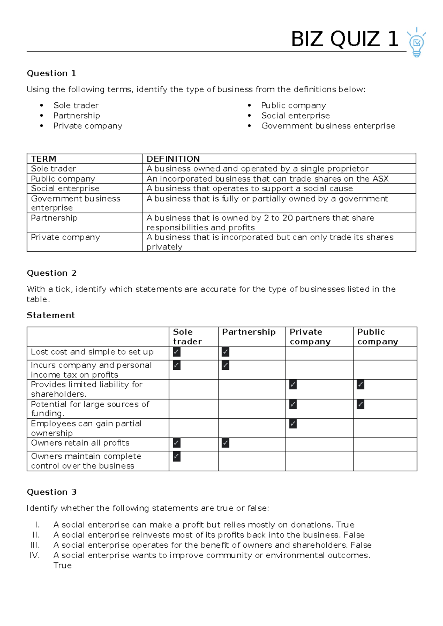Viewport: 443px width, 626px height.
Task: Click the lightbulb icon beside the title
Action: [x=416, y=42]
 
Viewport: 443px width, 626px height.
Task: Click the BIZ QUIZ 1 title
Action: [x=344, y=39]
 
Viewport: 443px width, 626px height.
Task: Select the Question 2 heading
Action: [x=52, y=273]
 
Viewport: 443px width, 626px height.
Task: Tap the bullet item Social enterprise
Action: [x=295, y=116]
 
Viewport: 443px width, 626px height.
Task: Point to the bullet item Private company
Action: [x=87, y=126]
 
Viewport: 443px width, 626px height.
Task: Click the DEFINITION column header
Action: [x=173, y=159]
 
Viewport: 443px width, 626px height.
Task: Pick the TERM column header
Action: [x=44, y=159]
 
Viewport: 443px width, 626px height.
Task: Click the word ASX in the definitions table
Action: [x=380, y=179]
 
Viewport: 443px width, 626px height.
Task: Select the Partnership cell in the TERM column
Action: [x=54, y=218]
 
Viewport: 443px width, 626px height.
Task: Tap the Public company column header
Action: [x=377, y=337]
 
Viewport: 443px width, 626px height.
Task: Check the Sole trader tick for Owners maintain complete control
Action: [x=177, y=457]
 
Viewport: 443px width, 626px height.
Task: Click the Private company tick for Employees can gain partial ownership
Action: [x=293, y=424]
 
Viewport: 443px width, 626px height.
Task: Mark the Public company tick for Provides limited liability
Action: [x=361, y=385]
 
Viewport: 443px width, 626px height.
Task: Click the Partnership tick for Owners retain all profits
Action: [x=226, y=443]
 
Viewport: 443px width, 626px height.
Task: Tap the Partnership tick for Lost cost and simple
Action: [x=226, y=352]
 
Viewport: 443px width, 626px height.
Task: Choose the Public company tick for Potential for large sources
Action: [x=361, y=405]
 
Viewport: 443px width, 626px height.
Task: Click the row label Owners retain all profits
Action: [x=80, y=443]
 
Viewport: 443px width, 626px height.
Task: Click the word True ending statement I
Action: [x=345, y=525]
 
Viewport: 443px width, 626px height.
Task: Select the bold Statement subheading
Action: [x=51, y=315]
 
